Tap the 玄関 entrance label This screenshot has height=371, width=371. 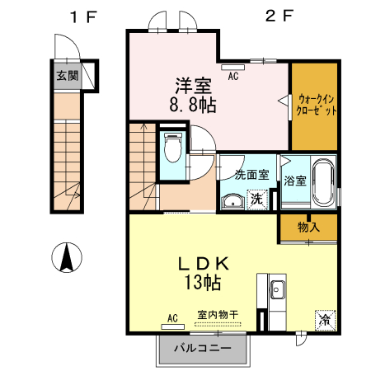[68, 77]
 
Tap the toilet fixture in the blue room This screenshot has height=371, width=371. [173, 149]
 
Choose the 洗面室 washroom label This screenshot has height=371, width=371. [251, 174]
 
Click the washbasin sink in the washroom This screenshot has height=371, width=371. [233, 200]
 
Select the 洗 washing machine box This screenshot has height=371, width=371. [257, 199]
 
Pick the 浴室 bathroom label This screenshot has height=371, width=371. [294, 180]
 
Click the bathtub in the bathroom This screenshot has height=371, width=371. [321, 181]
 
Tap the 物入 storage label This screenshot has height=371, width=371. [308, 227]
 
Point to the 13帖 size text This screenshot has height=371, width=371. [201, 283]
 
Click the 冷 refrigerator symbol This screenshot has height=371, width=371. [325, 319]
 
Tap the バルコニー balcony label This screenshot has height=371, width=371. [201, 347]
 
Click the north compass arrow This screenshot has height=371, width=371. [66, 258]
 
